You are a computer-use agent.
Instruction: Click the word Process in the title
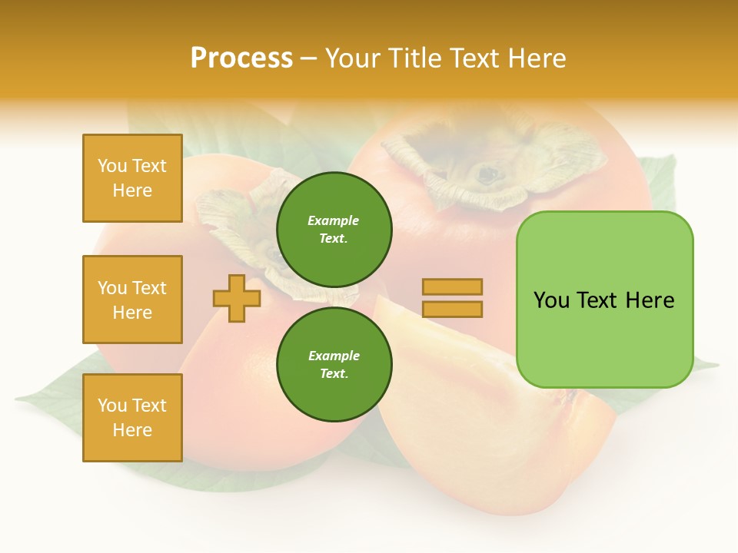pos(241,58)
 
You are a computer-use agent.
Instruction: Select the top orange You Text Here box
pos(132,178)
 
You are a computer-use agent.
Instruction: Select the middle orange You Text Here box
pos(132,300)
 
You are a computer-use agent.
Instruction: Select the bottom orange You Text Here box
pos(132,418)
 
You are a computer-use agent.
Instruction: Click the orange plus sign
pos(237,298)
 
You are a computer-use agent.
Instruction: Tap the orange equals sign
pos(452,298)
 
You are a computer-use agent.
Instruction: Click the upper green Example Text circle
pos(334,230)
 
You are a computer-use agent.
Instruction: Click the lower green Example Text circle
pos(334,365)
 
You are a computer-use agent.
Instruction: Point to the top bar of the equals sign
pos(452,286)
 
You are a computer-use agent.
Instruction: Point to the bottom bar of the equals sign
pos(452,310)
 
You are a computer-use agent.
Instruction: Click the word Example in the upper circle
pos(334,220)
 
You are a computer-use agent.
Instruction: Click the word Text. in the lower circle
pos(334,374)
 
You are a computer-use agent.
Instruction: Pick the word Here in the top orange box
pos(132,190)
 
